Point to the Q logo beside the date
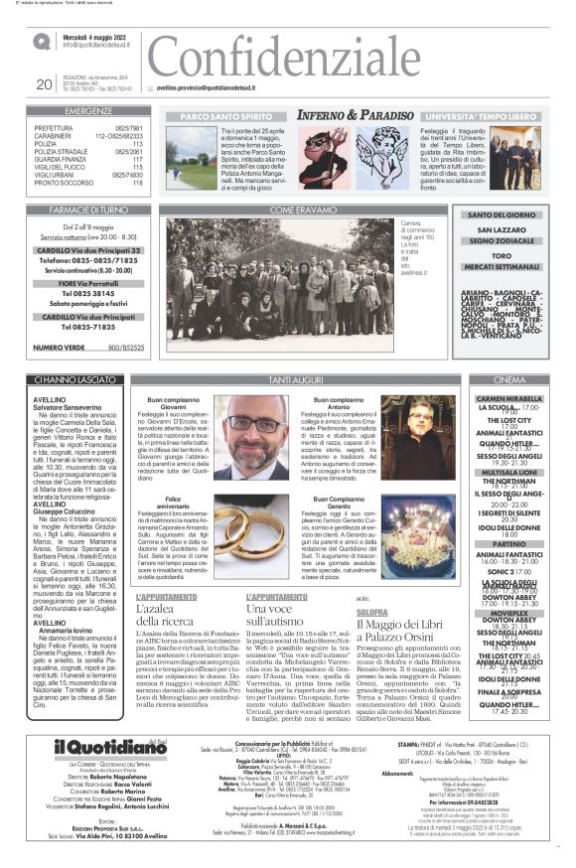click(x=41, y=42)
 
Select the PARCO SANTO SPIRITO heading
click(x=214, y=116)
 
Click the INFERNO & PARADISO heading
click(x=342, y=116)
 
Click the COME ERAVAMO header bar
click(x=297, y=211)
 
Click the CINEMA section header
click(x=508, y=380)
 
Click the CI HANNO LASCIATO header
click(x=67, y=380)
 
